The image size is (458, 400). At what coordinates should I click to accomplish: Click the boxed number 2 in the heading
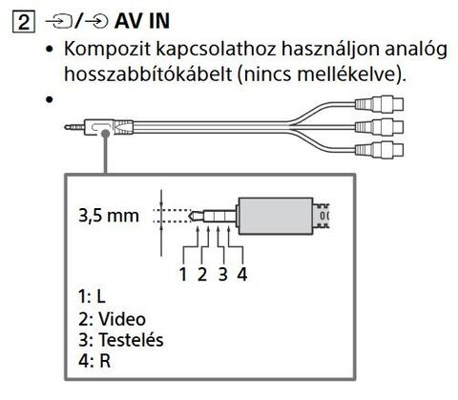[23, 22]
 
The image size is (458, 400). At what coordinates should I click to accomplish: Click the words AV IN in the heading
[142, 21]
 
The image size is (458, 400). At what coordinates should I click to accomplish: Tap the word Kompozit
[107, 50]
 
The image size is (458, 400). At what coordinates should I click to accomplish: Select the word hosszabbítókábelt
[148, 74]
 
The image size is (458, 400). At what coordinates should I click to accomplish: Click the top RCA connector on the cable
[379, 104]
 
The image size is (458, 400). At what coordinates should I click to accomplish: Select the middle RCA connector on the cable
[379, 127]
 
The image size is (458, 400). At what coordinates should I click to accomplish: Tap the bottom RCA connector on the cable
[379, 150]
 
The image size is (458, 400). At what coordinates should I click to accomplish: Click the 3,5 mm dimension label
[109, 216]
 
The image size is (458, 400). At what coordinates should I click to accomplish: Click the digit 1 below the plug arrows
[183, 274]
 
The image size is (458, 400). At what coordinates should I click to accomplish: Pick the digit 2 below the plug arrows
[202, 274]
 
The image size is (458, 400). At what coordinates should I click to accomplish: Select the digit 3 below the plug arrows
[222, 274]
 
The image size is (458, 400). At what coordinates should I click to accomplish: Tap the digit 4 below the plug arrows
[242, 274]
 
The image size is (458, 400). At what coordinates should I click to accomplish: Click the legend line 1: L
[92, 297]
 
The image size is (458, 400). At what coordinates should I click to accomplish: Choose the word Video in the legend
[122, 319]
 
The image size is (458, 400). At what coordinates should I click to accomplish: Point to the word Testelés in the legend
[131, 340]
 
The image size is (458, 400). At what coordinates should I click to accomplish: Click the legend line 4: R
[94, 361]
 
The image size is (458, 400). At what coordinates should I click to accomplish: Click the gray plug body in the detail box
[276, 216]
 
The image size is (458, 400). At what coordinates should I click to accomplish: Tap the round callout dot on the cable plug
[105, 134]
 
